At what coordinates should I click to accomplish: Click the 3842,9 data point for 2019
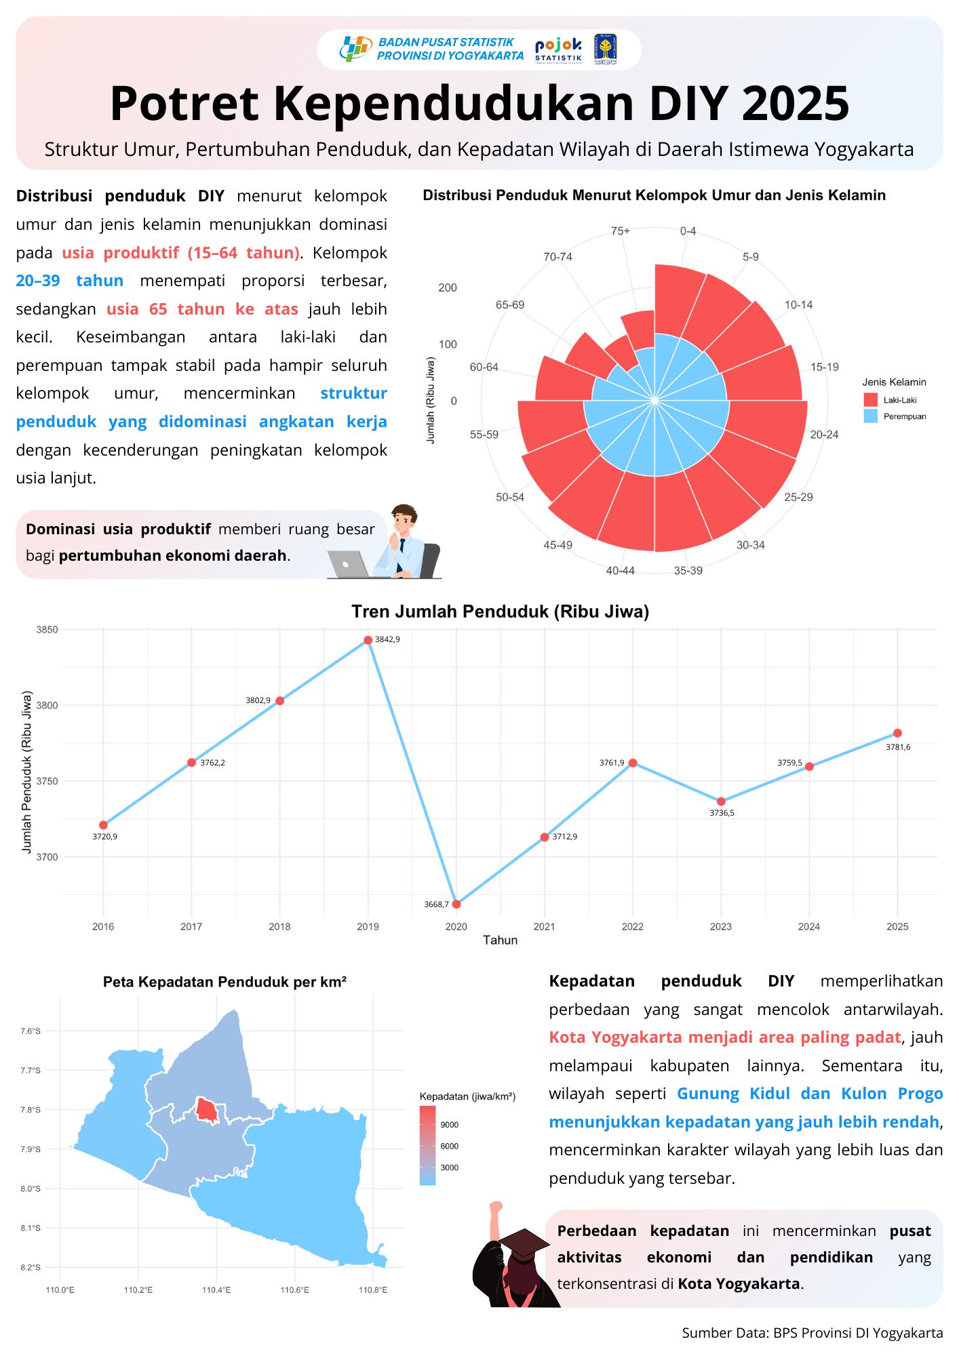click(x=368, y=640)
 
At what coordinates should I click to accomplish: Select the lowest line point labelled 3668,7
click(x=456, y=904)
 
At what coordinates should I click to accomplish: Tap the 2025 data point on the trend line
click(x=897, y=733)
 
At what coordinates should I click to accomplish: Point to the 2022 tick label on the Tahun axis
click(x=633, y=927)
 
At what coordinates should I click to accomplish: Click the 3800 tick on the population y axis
click(x=47, y=705)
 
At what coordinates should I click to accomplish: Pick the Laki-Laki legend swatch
click(x=871, y=400)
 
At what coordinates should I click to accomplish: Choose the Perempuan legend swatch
click(x=871, y=416)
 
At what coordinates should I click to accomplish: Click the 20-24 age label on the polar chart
click(x=824, y=435)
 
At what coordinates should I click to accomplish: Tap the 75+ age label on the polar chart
click(x=620, y=231)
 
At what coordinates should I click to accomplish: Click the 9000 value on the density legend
click(x=450, y=1125)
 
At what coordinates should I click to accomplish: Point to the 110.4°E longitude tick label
click(x=216, y=1290)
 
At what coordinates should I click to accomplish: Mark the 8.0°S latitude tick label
click(x=31, y=1189)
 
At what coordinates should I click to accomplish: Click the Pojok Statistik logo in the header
click(x=558, y=49)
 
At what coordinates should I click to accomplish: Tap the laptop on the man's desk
click(x=348, y=563)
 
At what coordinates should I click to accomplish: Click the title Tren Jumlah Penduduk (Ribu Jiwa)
click(x=500, y=612)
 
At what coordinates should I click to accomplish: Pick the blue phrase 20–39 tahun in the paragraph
click(x=70, y=281)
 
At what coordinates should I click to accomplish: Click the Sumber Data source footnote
click(x=812, y=1333)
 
